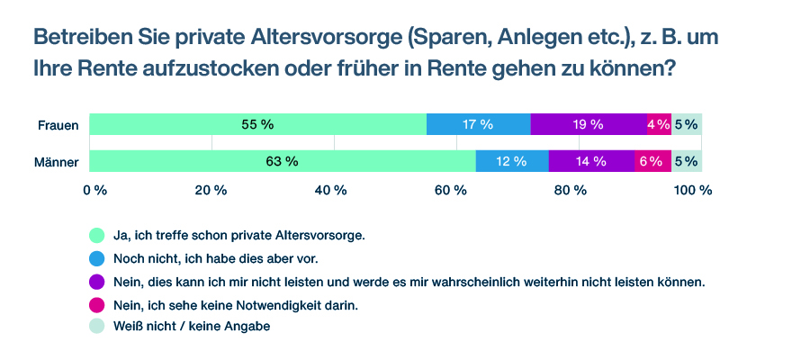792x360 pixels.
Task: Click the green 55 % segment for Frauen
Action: [257, 125]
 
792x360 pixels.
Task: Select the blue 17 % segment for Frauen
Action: [478, 125]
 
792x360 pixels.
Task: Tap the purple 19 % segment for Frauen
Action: [589, 125]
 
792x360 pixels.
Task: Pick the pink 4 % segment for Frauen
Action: [659, 125]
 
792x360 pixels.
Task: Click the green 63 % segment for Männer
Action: [283, 162]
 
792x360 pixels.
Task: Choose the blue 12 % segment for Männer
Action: [511, 162]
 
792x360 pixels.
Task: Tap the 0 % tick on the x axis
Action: [95, 190]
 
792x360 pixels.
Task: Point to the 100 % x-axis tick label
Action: [693, 190]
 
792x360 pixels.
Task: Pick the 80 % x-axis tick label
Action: [571, 190]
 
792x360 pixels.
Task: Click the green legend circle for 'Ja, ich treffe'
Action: [96, 236]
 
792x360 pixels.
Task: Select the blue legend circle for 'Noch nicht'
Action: [96, 258]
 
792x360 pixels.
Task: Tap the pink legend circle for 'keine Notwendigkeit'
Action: [96, 304]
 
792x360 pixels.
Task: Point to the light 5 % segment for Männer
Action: [687, 162]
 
